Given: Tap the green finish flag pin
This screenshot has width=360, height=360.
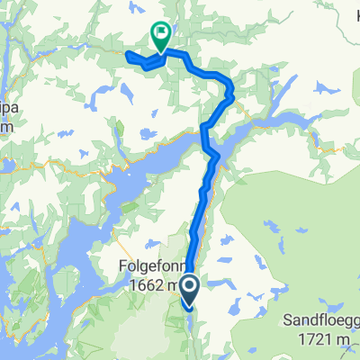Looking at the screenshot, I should pos(161,35).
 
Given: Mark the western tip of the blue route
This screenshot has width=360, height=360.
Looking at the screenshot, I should pos(127,57).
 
